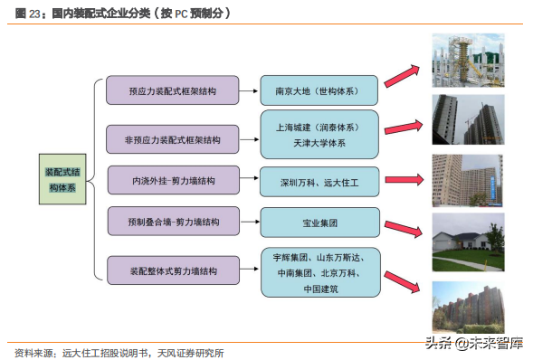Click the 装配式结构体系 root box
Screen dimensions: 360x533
click(64, 178)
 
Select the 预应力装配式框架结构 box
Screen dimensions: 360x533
click(172, 90)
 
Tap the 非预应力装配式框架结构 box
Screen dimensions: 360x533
click(172, 139)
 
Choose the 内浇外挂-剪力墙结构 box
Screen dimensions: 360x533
click(172, 180)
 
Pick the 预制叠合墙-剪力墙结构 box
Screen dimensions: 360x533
click(172, 221)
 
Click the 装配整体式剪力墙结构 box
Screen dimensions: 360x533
click(172, 270)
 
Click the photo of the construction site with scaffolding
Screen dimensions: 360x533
click(468, 61)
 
